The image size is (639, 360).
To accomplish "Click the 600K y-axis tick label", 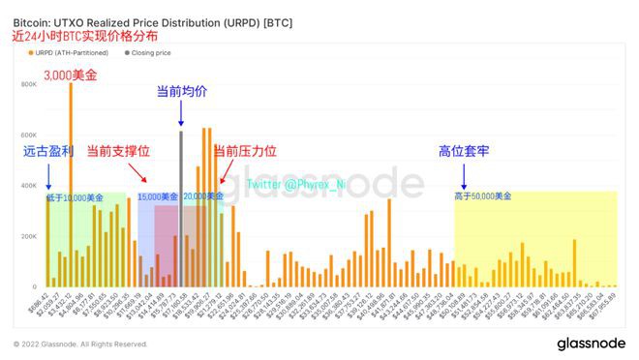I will pos(28,135).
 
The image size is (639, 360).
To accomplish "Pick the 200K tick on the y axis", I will pos(28,236).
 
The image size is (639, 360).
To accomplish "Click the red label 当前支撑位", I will pos(118,152).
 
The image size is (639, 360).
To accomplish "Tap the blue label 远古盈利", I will pos(48,152).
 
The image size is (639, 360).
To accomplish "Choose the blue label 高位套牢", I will pos(464,152).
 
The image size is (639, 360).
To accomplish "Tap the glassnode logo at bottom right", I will pos(591,344).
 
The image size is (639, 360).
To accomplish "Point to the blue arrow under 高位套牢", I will pos(464,175).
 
